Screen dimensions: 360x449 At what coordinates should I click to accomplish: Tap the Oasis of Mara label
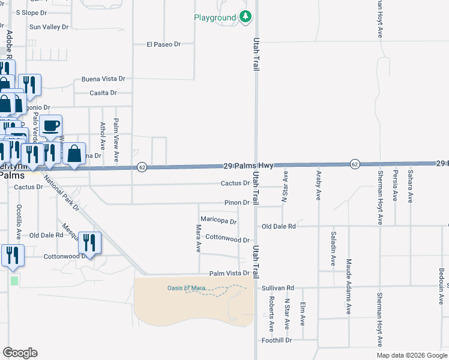pyautogui.click(x=187, y=288)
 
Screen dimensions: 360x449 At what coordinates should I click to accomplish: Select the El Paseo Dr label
pyautogui.click(x=164, y=44)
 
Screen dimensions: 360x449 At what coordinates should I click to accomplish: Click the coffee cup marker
pyautogui.click(x=52, y=126)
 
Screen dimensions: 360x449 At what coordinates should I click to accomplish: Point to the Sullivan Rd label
pyautogui.click(x=278, y=288)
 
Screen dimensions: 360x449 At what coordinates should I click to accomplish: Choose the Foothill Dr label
pyautogui.click(x=277, y=340)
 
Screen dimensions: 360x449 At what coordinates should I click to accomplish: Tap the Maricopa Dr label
pyautogui.click(x=218, y=220)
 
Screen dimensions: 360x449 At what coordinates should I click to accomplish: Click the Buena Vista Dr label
pyautogui.click(x=103, y=79)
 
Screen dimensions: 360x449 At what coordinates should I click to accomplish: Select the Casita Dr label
pyautogui.click(x=103, y=93)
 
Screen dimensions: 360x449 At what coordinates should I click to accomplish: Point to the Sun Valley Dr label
pyautogui.click(x=50, y=27)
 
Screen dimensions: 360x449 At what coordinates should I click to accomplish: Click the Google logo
pyautogui.click(x=20, y=353)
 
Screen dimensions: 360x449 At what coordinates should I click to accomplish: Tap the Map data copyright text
pyautogui.click(x=411, y=355)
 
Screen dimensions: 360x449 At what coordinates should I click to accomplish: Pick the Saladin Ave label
pyautogui.click(x=333, y=248)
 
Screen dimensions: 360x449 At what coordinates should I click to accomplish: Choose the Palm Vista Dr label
pyautogui.click(x=229, y=273)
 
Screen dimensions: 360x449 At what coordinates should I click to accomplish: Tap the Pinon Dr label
pyautogui.click(x=237, y=203)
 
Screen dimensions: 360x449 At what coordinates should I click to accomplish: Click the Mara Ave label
pyautogui.click(x=199, y=238)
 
